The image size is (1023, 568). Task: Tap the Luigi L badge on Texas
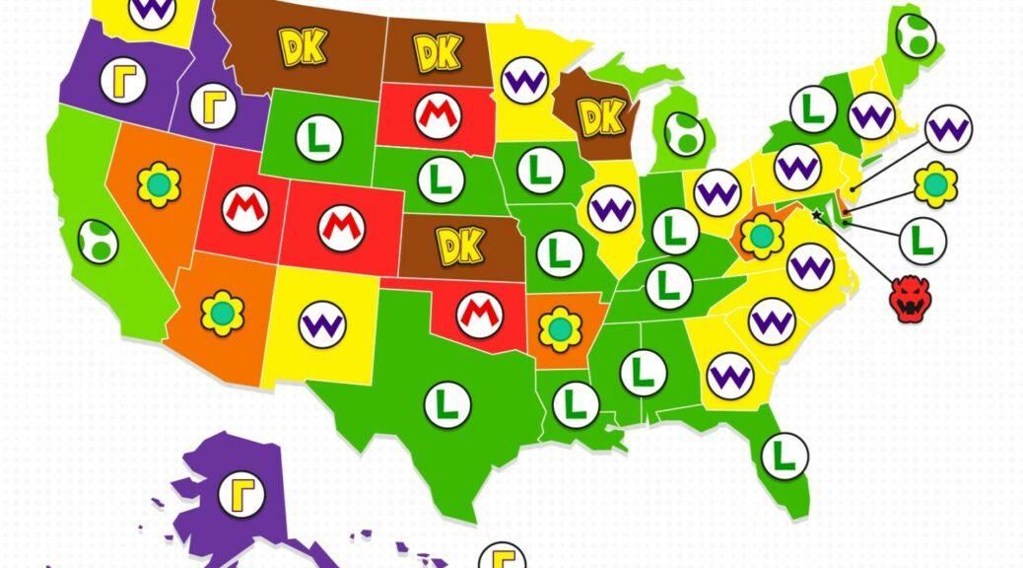[x=446, y=403]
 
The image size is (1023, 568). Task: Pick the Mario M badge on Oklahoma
[x=479, y=314]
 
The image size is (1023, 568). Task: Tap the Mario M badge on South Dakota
[x=436, y=116]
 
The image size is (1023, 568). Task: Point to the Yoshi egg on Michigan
[x=684, y=133]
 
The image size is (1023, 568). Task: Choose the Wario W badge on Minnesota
[x=524, y=81]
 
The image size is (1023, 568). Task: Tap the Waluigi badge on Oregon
[x=123, y=80]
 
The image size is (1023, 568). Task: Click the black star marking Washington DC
[x=816, y=212]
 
